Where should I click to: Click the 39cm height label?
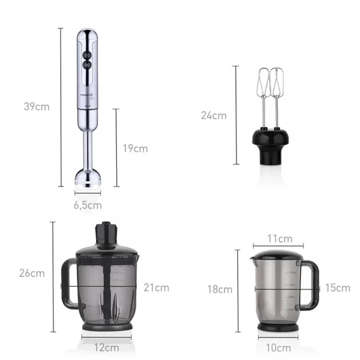point(36,107)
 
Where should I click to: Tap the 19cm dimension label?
point(134,148)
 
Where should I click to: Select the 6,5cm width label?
point(88,205)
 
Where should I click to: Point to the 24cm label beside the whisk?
point(213,116)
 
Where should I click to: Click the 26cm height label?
point(32,273)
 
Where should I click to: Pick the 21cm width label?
point(156,288)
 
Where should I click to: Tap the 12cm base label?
point(107,348)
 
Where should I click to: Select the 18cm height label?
point(220,289)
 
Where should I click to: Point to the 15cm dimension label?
point(337,288)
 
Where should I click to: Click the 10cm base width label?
point(279,348)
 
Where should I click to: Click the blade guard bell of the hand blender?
point(88,178)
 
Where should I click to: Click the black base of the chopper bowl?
point(107,326)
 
